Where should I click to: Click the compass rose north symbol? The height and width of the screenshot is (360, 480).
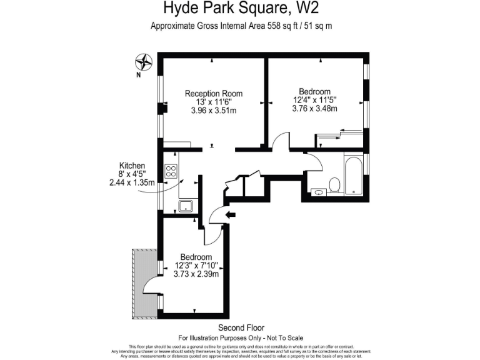pos(144,62)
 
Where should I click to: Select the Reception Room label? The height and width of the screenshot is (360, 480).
pos(213,94)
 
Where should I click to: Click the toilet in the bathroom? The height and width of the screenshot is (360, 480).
pos(334,184)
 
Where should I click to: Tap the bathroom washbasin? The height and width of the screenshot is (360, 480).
pos(319,191)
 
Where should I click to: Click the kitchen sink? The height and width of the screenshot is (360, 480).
pos(186,206)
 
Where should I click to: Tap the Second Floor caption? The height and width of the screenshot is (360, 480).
pos(241,327)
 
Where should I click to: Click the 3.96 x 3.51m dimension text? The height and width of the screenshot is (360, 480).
pos(213,111)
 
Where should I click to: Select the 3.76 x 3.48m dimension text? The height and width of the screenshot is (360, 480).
pos(314,108)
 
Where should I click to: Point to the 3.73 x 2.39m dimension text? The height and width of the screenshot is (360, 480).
pos(196,274)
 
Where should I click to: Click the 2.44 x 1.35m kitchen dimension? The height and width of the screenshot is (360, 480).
pos(131,183)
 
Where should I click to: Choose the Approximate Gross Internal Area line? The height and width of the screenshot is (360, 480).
pos(241,26)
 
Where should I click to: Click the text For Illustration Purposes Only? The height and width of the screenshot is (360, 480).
pos(241,337)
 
